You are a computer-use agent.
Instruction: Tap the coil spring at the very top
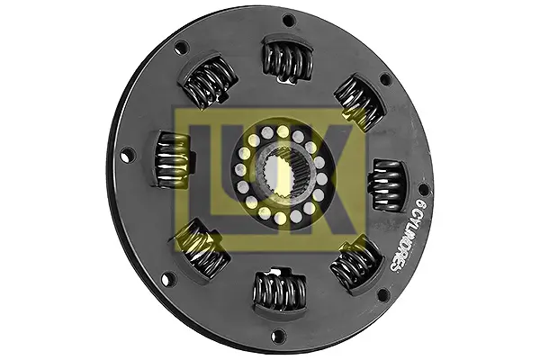[x=288, y=59]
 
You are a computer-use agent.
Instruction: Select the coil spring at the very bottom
[x=280, y=290]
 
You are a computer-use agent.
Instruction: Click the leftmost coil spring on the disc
[x=174, y=160]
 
